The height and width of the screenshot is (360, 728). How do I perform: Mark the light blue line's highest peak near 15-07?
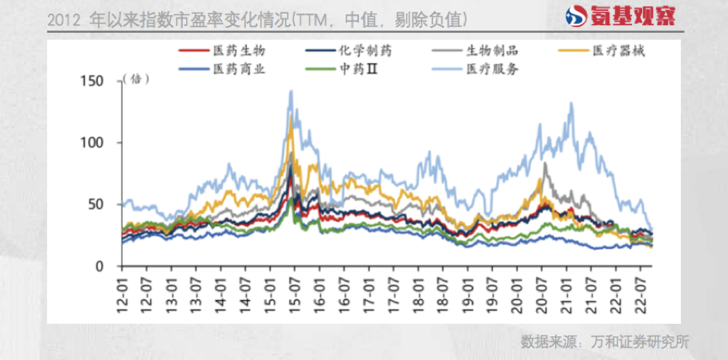tap(291, 91)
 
